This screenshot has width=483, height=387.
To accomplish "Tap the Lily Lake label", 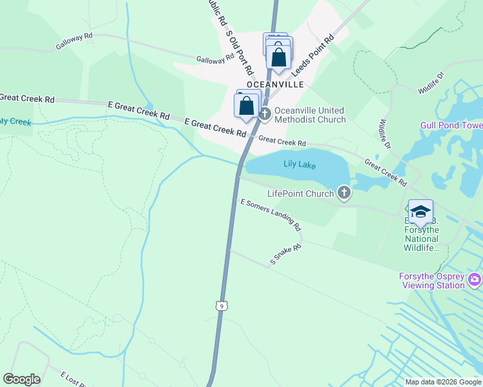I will (x=300, y=165).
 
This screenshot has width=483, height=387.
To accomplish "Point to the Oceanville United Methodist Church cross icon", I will (x=265, y=114).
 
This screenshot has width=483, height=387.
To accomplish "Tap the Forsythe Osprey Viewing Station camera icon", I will (x=475, y=279).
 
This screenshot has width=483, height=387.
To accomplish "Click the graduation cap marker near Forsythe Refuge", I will (x=420, y=211).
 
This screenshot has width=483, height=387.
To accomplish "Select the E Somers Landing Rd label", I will (x=271, y=215).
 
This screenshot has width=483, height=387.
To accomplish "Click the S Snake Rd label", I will (x=286, y=255).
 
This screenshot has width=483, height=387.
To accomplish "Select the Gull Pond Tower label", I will (x=451, y=125).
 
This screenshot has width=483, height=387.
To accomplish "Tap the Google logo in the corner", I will (x=21, y=379).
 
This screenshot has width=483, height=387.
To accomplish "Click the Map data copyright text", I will (x=443, y=382).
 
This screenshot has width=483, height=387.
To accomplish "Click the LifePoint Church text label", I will (x=301, y=193).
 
